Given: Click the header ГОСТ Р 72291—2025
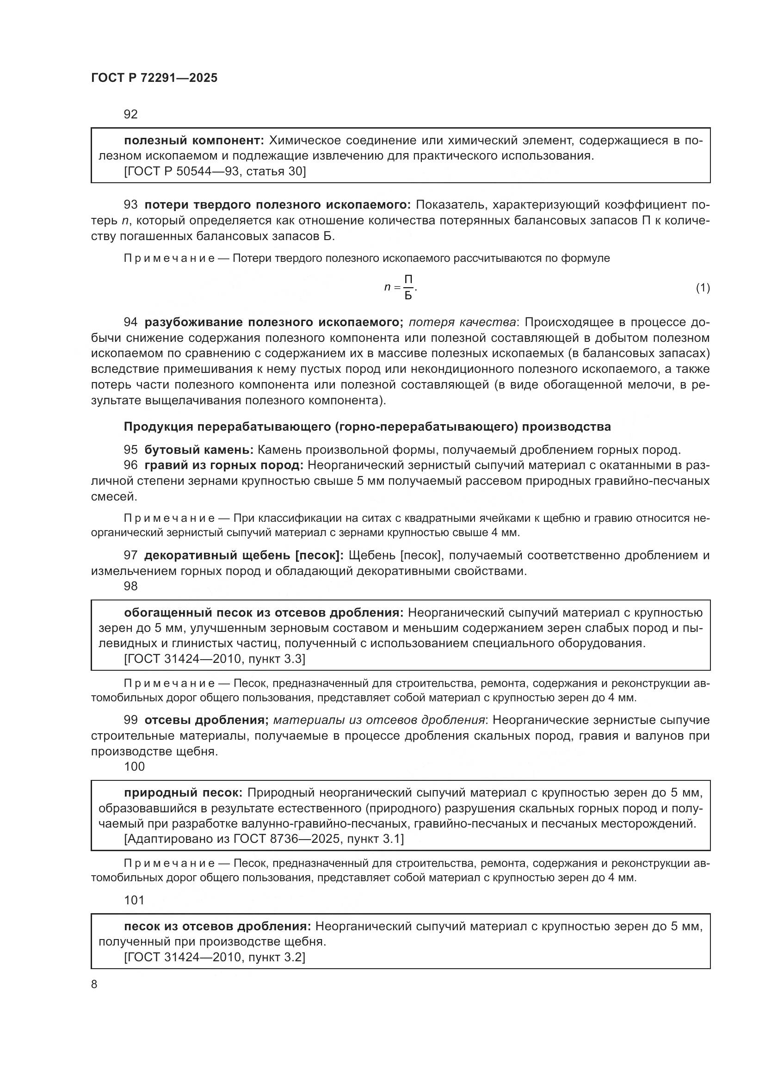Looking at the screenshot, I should click(x=154, y=78).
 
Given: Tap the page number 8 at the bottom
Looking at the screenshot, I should click(x=94, y=984).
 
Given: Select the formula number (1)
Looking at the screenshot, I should click(x=703, y=287).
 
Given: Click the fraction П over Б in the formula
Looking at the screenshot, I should click(x=408, y=287).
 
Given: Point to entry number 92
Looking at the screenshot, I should click(x=130, y=114).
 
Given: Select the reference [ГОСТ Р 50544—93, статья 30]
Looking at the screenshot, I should click(x=215, y=171).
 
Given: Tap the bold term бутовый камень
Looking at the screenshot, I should click(x=199, y=450).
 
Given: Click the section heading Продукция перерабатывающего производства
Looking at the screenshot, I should click(x=367, y=427).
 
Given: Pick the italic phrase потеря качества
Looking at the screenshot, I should click(x=462, y=322).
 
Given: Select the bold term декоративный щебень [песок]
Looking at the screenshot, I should click(x=244, y=556).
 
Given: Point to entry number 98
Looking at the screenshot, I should click(x=130, y=586).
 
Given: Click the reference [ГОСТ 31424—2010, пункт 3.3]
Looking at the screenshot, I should click(x=214, y=659).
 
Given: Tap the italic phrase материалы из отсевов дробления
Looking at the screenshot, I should click(x=379, y=720).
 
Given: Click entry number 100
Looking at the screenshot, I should click(x=134, y=766).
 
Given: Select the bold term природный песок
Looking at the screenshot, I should click(x=183, y=793).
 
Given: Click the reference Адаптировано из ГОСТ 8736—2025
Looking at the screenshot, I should click(x=264, y=839).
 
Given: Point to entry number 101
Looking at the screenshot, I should click(x=134, y=900).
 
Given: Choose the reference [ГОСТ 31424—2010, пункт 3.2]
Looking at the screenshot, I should click(x=214, y=957).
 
